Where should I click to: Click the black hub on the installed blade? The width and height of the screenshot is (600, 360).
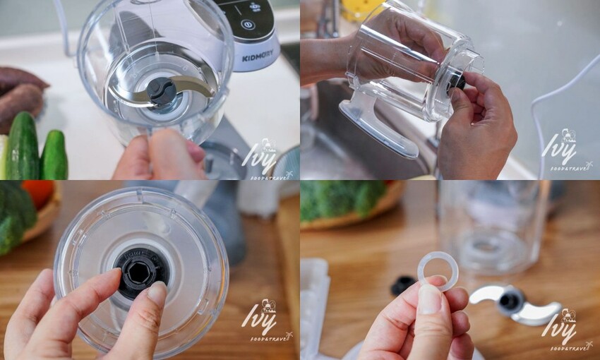[162, 90]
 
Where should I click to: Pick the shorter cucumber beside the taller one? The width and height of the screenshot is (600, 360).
[54, 155]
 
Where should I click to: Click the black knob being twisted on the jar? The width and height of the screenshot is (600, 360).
[456, 80]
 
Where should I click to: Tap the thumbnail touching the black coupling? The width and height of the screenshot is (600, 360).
[156, 294]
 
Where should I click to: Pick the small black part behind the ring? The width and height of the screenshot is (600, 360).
[403, 284]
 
